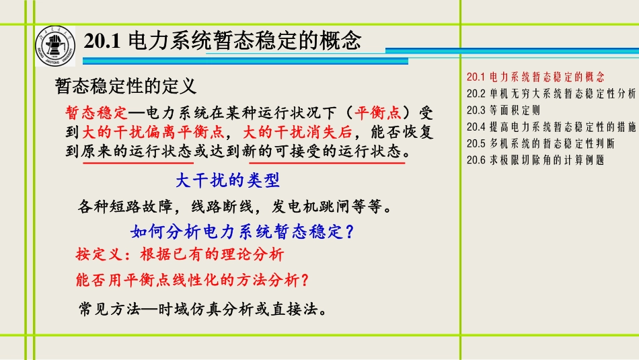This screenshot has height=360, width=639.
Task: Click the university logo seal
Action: point(55,46)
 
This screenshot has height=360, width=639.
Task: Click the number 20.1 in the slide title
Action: point(102,41)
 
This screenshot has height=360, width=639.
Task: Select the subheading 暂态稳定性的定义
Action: point(126,86)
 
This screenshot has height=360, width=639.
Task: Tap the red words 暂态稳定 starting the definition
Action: point(97,112)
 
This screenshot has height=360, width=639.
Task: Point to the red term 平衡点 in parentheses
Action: point(377,112)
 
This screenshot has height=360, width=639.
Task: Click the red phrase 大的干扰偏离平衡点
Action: point(153,132)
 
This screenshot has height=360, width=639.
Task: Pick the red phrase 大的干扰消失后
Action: point(297,132)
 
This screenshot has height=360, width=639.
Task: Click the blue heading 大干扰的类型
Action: point(228,180)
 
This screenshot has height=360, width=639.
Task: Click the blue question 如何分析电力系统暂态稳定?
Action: point(242,231)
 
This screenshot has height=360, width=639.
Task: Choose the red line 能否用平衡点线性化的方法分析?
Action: point(192,280)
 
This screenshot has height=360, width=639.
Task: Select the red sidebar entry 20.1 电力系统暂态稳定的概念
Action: point(535,77)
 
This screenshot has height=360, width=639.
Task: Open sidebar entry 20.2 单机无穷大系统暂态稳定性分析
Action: point(551,94)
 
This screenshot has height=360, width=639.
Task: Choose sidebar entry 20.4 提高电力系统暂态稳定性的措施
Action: point(551,127)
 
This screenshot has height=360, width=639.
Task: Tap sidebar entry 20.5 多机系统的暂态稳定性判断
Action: point(540,144)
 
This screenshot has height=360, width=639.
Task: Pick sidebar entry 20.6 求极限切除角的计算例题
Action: point(535,161)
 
